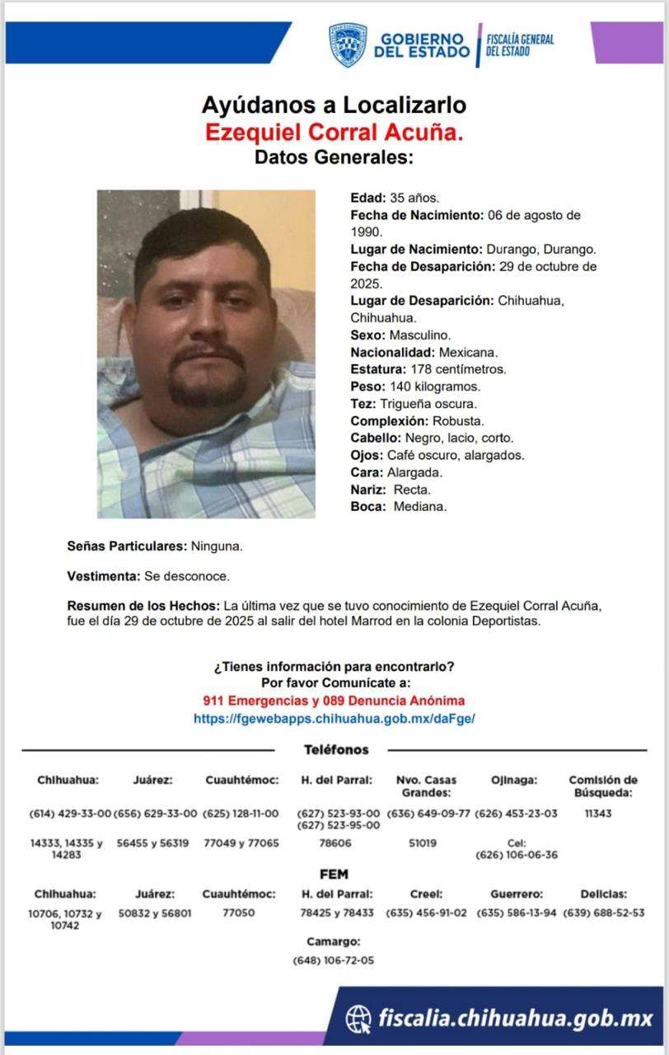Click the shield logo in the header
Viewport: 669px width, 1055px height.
(x=348, y=45)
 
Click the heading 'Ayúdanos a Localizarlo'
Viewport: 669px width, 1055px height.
(x=334, y=105)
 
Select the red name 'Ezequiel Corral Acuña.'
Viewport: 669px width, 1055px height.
(x=334, y=132)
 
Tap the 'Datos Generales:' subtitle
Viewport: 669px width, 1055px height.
(x=334, y=157)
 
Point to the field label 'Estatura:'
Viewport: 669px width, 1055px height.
(x=377, y=369)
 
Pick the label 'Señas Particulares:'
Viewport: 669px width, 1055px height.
(x=128, y=546)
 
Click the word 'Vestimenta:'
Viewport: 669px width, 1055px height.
(x=103, y=576)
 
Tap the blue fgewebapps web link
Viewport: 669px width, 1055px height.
(x=334, y=718)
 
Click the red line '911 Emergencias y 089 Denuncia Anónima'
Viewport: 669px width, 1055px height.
(x=334, y=701)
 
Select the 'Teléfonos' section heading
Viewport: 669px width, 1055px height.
(x=336, y=750)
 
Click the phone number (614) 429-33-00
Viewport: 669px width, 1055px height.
(x=69, y=814)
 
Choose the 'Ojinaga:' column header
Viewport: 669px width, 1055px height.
(x=514, y=780)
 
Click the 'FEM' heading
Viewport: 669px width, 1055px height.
(x=334, y=874)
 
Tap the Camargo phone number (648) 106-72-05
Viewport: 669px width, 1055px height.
(x=334, y=960)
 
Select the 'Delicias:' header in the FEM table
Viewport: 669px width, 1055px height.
(x=603, y=893)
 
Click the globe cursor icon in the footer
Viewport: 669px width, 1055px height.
(x=358, y=1019)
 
